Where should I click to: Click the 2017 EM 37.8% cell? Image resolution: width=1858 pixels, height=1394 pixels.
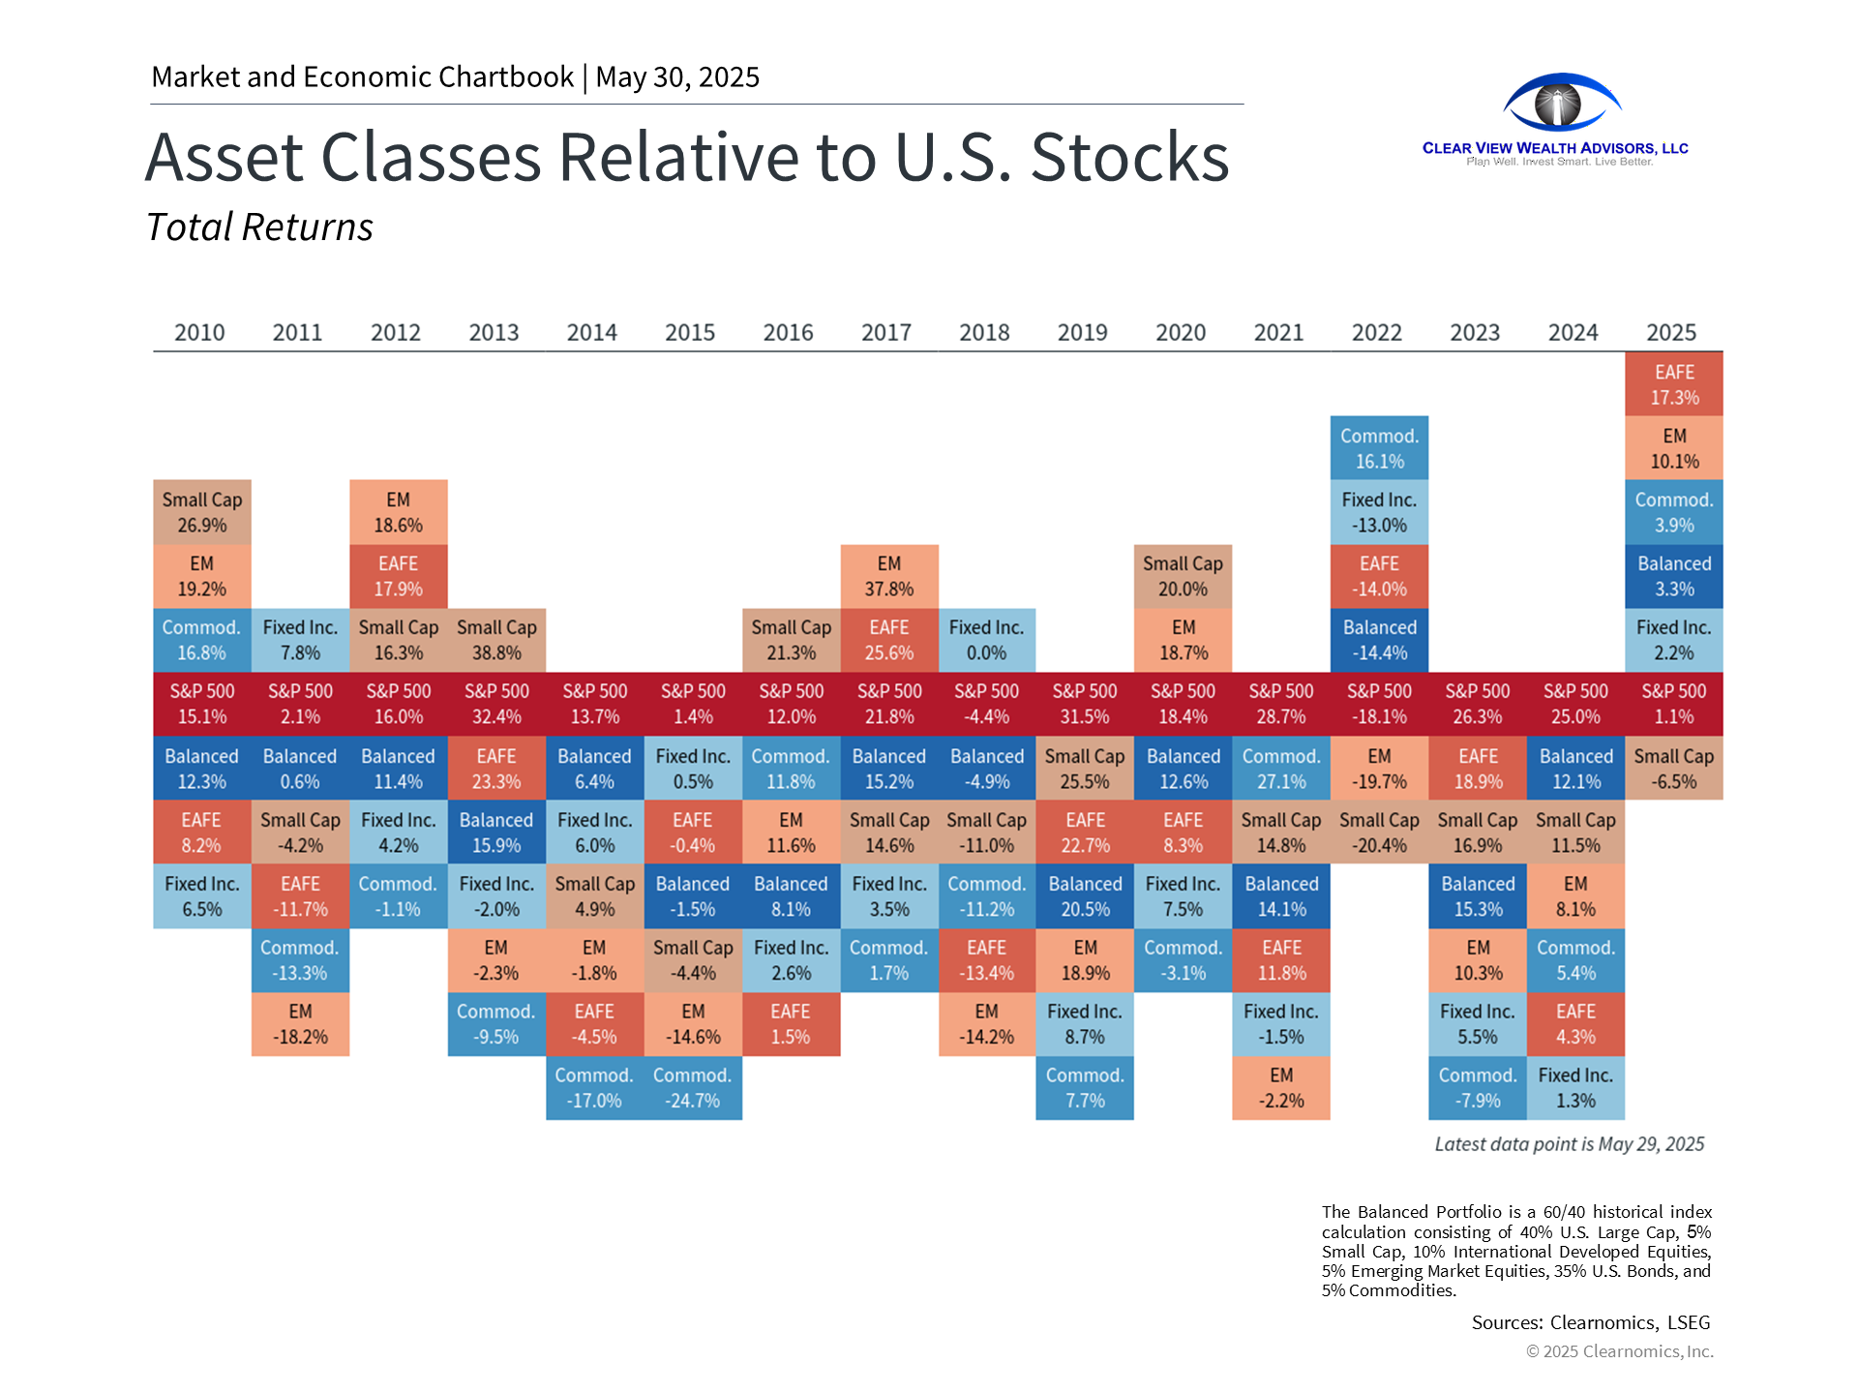click(889, 576)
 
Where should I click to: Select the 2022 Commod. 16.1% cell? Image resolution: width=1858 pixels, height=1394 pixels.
click(1379, 448)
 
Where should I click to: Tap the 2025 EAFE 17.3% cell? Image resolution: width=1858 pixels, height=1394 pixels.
click(1674, 384)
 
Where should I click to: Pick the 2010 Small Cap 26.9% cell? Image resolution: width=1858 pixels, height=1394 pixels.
click(202, 512)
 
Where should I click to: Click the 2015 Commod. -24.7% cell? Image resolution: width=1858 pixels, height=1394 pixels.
click(693, 1088)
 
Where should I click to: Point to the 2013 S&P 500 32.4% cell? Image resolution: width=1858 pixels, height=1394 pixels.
click(496, 704)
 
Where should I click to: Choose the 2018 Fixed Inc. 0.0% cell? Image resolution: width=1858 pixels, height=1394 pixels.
click(986, 640)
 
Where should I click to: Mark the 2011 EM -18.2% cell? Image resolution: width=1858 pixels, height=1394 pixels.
click(300, 1024)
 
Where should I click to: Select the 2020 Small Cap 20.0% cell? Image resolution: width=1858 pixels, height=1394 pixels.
click(1183, 576)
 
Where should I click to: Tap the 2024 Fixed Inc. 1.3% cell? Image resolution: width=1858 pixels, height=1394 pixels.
click(1575, 1088)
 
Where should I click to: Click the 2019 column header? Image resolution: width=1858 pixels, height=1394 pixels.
click(1082, 332)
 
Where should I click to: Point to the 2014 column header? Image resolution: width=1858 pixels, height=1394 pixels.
click(591, 332)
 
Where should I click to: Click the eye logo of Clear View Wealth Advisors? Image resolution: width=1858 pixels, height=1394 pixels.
click(1561, 103)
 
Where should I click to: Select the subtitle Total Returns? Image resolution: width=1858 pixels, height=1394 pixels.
click(259, 227)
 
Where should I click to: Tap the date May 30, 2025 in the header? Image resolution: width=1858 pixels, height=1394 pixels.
click(677, 77)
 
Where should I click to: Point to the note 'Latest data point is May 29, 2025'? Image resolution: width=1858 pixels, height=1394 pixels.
click(1569, 1144)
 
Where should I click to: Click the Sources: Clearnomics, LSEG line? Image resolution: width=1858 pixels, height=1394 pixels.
click(1590, 1322)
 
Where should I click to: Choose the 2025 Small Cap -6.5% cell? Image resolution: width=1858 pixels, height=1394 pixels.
click(1674, 769)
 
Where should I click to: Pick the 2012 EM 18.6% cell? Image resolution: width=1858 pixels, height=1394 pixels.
click(399, 512)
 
